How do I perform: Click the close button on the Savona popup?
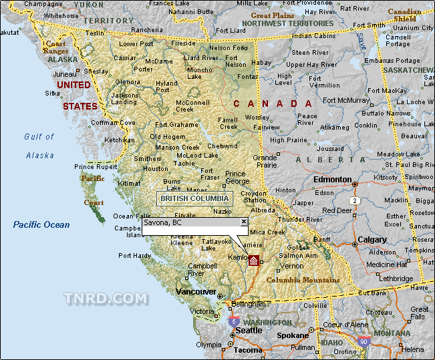click(x=244, y=222)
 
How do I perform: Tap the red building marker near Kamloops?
click(x=253, y=260)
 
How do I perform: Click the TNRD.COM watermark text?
click(x=106, y=298)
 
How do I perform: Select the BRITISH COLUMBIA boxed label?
click(x=194, y=198)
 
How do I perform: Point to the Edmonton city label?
click(x=332, y=180)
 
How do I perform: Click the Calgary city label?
click(x=372, y=240)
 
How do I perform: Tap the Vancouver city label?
click(x=196, y=292)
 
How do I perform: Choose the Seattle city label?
click(x=249, y=331)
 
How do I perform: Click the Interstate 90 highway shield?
click(x=364, y=341)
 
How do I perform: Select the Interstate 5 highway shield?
click(x=233, y=321)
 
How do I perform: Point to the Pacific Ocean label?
click(x=41, y=224)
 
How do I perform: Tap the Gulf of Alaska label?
click(x=39, y=146)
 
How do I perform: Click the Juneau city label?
click(x=65, y=74)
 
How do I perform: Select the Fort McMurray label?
click(x=346, y=101)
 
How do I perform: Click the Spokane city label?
click(x=293, y=335)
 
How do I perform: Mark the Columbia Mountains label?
click(x=303, y=280)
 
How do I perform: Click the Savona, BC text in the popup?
click(x=162, y=222)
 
